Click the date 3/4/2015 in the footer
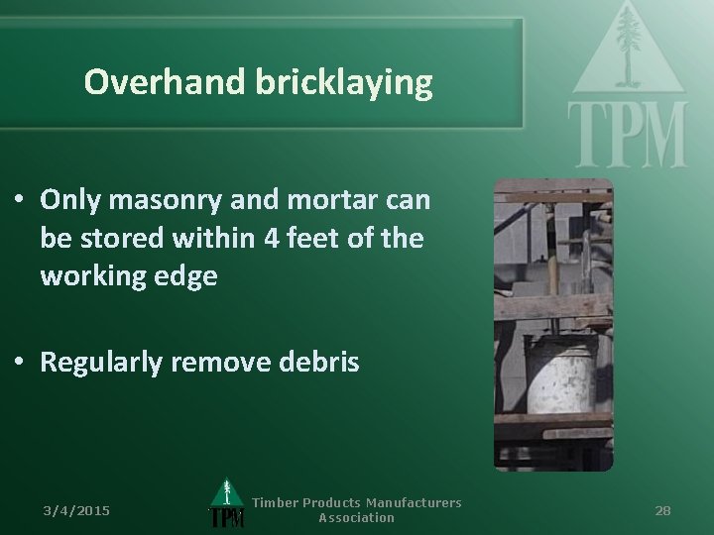(x=76, y=510)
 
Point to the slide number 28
(x=663, y=510)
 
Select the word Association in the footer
(x=356, y=518)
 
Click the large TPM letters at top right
(x=628, y=135)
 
